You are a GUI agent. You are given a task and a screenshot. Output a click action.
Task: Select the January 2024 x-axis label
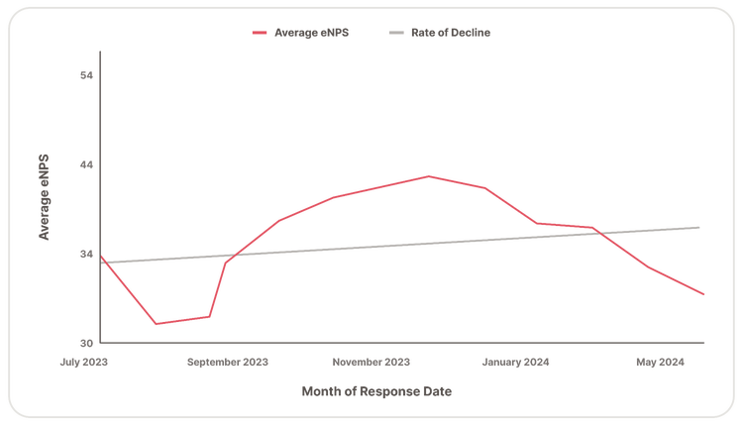517,363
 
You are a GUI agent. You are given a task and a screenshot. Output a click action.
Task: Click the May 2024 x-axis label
660,363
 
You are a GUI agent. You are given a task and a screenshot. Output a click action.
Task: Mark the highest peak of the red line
429,175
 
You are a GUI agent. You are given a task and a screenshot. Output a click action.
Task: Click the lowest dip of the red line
156,324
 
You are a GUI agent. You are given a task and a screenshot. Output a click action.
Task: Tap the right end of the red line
704,295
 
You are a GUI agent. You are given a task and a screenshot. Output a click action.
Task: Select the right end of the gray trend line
701,227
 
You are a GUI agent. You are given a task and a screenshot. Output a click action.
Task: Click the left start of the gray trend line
103,263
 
